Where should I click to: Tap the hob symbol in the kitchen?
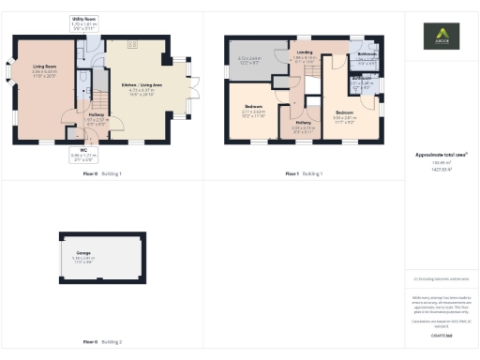(132, 43)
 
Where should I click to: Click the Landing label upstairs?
(304, 56)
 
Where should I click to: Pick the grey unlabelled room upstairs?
(249, 64)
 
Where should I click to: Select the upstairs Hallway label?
(304, 125)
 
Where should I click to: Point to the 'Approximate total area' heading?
(441, 155)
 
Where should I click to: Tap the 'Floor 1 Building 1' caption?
(304, 174)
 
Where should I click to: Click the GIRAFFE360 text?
(441, 335)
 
